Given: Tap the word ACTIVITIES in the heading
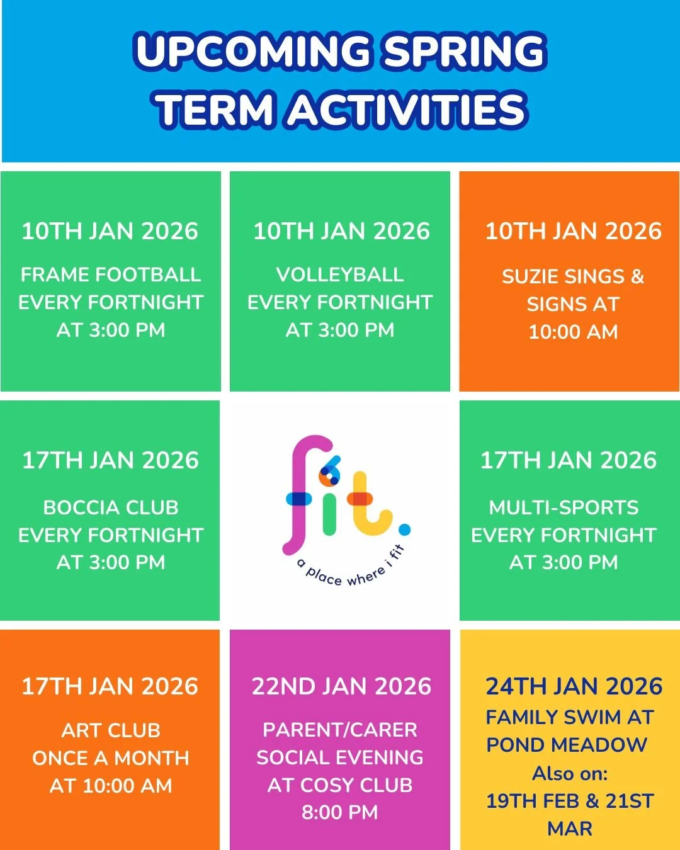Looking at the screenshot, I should (407, 109).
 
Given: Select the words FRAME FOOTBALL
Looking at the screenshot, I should (110, 275).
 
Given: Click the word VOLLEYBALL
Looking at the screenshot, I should (340, 275).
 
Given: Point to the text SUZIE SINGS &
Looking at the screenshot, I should (573, 276).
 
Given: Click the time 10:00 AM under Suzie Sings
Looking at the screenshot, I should (573, 332).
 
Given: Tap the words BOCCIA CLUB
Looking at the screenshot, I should (110, 507).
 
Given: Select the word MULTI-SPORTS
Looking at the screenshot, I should (564, 507).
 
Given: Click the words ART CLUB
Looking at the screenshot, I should (110, 730).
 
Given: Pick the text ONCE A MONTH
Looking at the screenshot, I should (110, 758).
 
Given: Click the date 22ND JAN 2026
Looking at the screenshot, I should (341, 686).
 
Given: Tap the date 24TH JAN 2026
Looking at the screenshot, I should (574, 686).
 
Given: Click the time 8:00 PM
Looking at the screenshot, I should (340, 813).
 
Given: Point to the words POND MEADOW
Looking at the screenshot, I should (567, 745).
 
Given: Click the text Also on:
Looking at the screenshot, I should (570, 773).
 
